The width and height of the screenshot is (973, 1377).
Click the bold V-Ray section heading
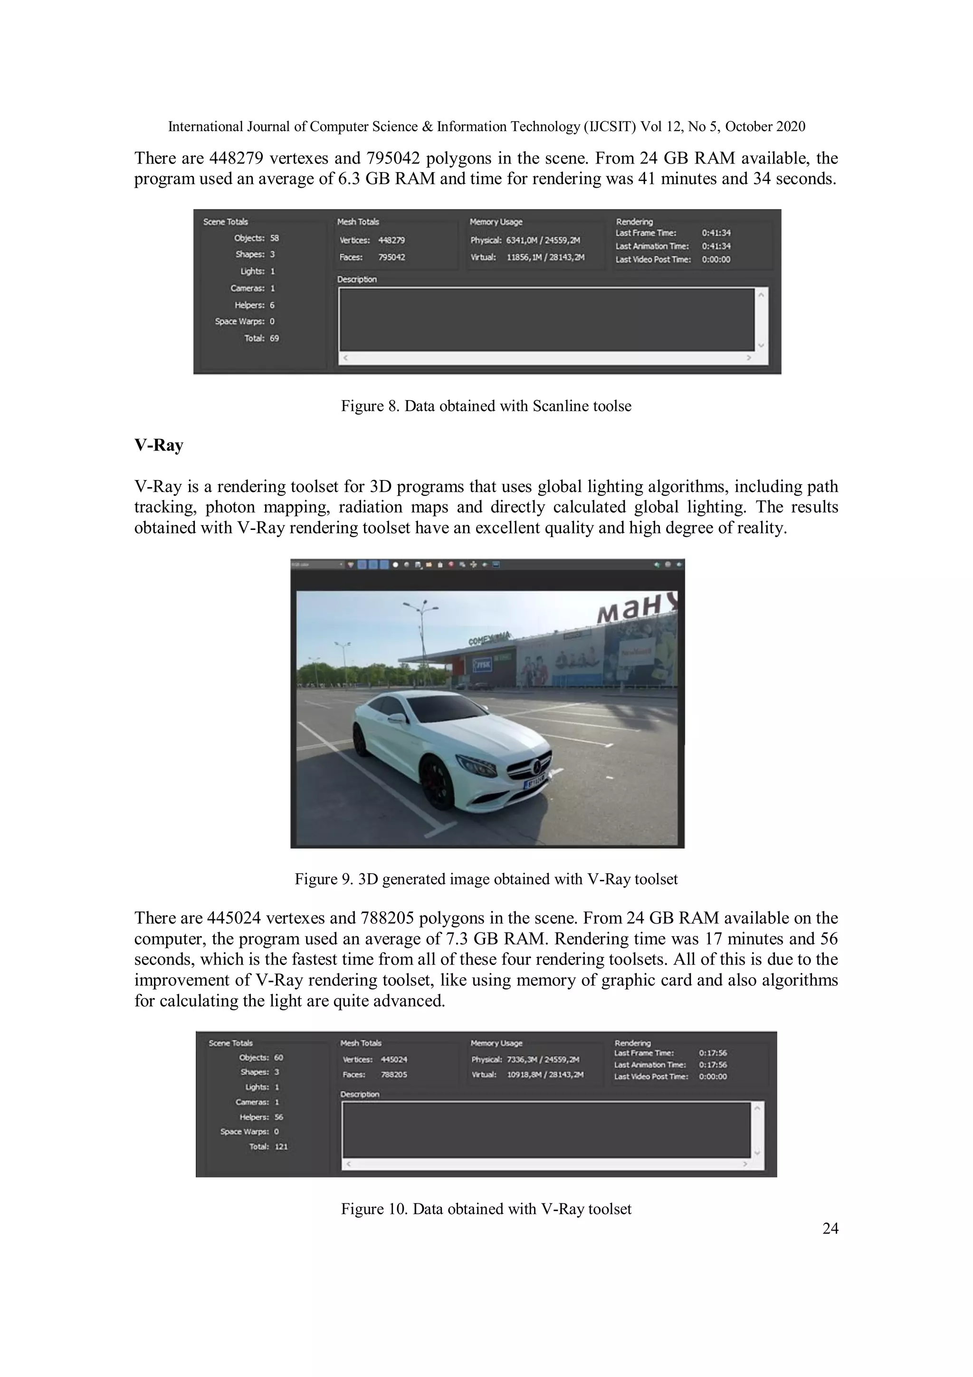pyautogui.click(x=158, y=445)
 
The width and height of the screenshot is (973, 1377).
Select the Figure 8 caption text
pyautogui.click(x=486, y=406)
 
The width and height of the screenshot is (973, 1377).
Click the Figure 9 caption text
pyautogui.click(x=486, y=879)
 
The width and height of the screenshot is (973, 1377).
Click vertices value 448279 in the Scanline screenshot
pyautogui.click(x=391, y=240)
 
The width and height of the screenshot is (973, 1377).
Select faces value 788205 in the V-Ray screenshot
pyautogui.click(x=394, y=1074)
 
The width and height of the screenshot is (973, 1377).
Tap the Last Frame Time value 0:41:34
pyautogui.click(x=716, y=233)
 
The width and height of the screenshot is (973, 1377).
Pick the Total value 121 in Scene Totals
pyautogui.click(x=281, y=1146)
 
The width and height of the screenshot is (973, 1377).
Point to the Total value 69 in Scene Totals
pyautogui.click(x=274, y=338)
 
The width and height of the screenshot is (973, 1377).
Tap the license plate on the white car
pyautogui.click(x=535, y=781)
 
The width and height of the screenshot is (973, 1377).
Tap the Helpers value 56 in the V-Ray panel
pyautogui.click(x=279, y=1117)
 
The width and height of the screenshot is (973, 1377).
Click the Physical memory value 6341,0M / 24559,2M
pyautogui.click(x=543, y=240)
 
